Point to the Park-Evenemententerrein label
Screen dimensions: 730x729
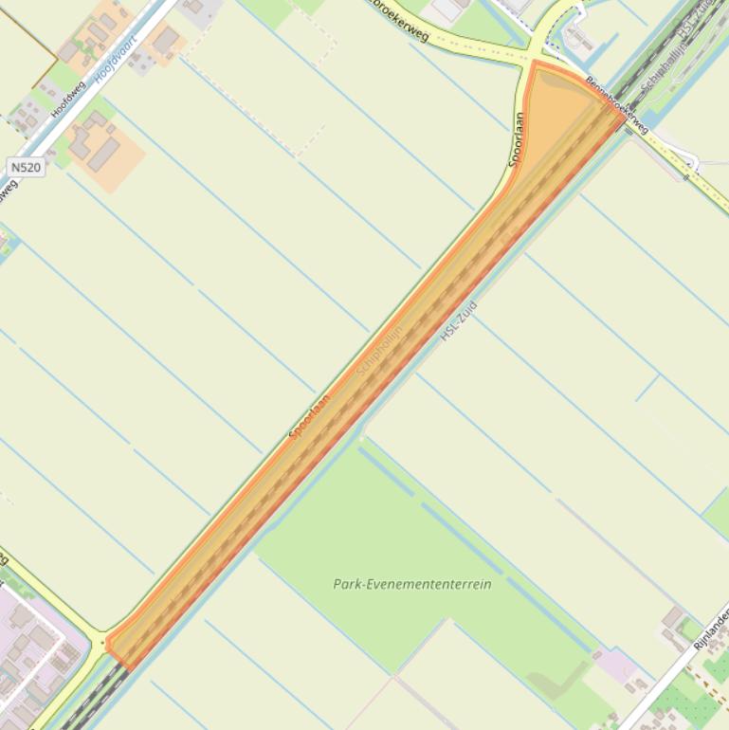tap(412, 584)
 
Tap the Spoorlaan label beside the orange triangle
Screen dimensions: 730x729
tap(518, 139)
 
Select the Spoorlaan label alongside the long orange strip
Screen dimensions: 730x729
tap(310, 417)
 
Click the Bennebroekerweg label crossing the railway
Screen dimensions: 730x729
tap(617, 105)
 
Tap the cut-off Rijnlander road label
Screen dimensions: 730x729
tap(710, 630)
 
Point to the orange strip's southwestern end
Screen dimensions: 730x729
tap(114, 648)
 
